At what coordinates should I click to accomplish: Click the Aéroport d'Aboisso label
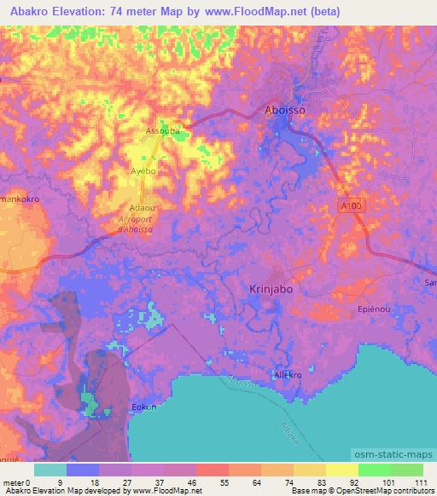(134, 223)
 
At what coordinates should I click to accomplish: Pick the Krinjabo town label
(271, 289)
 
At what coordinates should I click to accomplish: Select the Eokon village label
(143, 407)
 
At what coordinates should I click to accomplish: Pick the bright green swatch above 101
(374, 470)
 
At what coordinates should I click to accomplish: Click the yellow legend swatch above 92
(341, 470)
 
